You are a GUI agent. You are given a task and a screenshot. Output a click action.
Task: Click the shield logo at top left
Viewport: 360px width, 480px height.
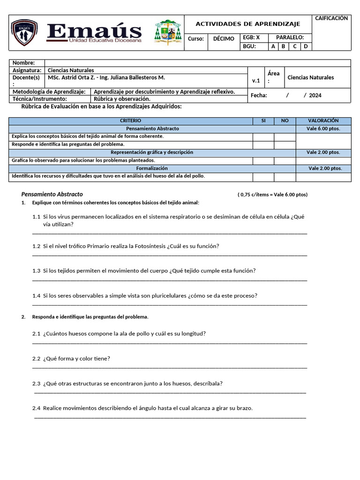click(24, 32)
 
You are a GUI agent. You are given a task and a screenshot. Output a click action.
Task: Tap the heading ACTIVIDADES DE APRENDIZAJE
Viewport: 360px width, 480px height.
click(247, 24)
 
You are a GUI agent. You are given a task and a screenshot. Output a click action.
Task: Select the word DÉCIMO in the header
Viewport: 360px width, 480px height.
click(224, 39)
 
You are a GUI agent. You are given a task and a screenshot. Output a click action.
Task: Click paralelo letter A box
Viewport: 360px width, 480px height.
click(273, 46)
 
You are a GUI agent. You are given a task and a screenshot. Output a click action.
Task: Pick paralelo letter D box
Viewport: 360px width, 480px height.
click(306, 46)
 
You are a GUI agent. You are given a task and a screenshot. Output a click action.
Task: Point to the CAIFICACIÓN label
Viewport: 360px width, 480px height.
click(331, 18)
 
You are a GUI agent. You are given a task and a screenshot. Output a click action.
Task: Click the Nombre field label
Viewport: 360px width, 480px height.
click(23, 63)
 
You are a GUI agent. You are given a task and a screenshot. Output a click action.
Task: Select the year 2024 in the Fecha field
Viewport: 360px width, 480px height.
click(315, 95)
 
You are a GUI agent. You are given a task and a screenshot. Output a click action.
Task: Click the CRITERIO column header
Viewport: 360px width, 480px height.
click(130, 121)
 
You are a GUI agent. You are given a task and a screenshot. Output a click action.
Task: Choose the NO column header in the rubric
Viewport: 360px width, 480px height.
click(285, 121)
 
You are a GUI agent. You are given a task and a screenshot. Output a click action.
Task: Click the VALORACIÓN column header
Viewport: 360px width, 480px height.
click(323, 121)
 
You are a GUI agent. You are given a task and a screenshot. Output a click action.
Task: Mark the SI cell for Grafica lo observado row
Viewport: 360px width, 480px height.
click(263, 160)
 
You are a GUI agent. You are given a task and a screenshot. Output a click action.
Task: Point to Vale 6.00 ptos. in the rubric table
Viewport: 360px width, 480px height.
click(323, 128)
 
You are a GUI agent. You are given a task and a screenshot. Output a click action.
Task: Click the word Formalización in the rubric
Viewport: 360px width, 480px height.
click(152, 168)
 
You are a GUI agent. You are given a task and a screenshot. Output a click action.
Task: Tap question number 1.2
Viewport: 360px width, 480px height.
click(37, 246)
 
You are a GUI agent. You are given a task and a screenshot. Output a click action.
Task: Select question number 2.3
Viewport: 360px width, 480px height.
click(37, 383)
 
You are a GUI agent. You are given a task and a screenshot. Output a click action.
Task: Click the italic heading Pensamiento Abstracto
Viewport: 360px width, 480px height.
click(52, 194)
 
